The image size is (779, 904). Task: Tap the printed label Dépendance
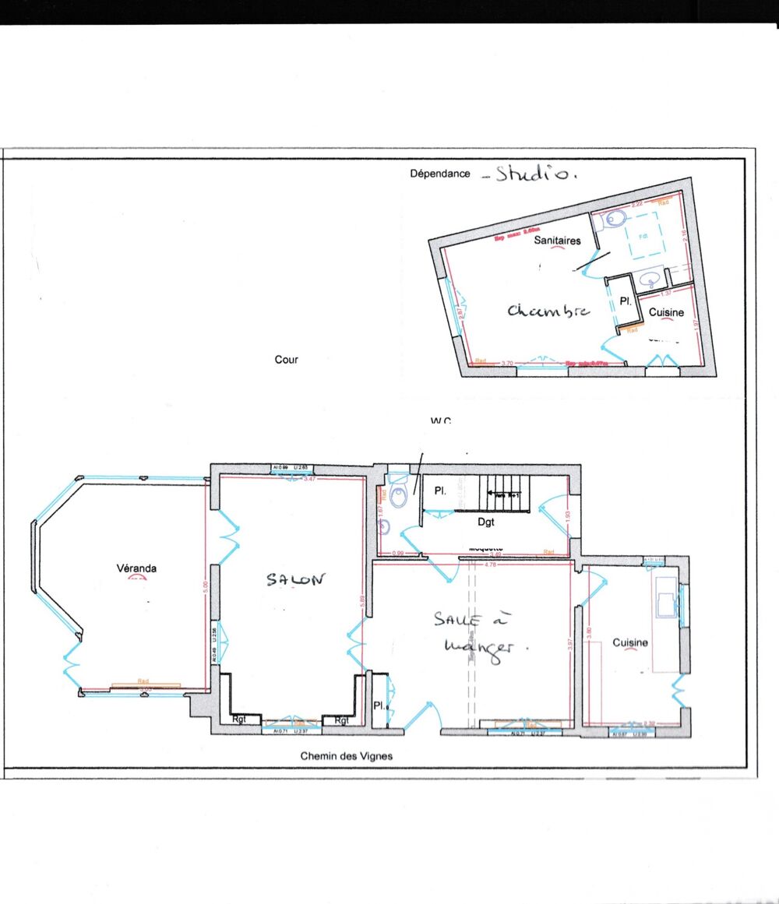pos(440,174)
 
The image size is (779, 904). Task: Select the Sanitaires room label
pos(557,241)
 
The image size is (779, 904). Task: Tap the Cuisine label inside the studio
pos(667,312)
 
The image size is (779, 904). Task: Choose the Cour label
pos(287,360)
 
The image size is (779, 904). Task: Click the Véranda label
pos(136,568)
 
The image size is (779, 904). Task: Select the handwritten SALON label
pos(294,580)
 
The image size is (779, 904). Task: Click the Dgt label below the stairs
pos(487,522)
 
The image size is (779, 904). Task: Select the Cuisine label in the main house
pos(630,642)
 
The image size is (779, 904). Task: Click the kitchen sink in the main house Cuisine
pos(668,600)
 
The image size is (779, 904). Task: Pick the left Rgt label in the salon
pos(239,720)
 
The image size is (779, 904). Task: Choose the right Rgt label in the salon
pos(341,720)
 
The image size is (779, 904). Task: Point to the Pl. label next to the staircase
pos(439,491)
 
